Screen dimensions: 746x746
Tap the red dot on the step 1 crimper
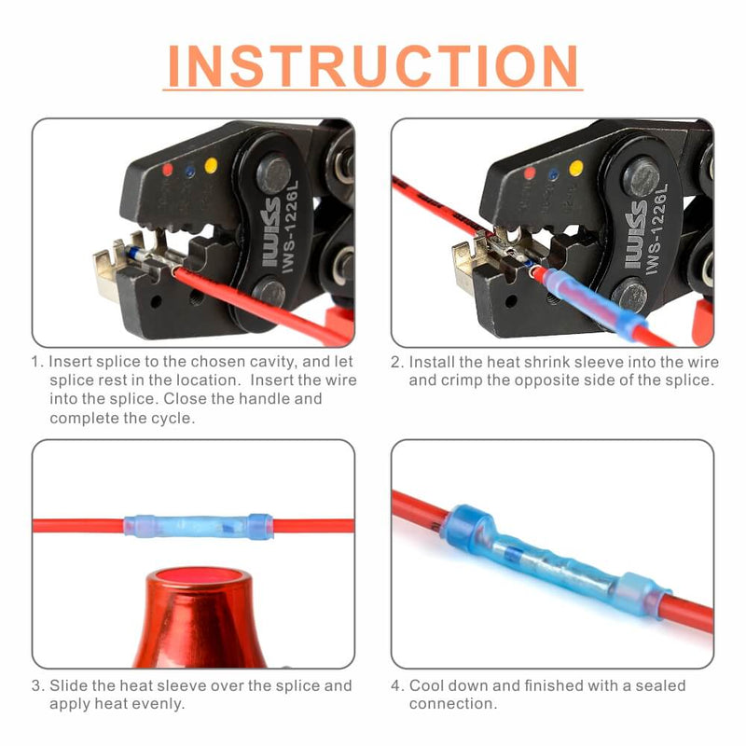click(x=167, y=171)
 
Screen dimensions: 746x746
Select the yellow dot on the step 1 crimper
click(x=211, y=165)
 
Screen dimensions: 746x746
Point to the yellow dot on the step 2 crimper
click(x=576, y=168)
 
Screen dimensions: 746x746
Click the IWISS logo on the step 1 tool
click(x=271, y=245)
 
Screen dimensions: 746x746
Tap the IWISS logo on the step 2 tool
click(x=635, y=245)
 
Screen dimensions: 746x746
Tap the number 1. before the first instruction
click(x=37, y=361)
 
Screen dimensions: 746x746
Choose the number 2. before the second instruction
click(x=397, y=361)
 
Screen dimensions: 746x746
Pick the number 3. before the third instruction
click(x=37, y=685)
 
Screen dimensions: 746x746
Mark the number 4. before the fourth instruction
click(x=397, y=685)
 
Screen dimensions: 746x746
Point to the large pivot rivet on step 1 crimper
click(x=274, y=174)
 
